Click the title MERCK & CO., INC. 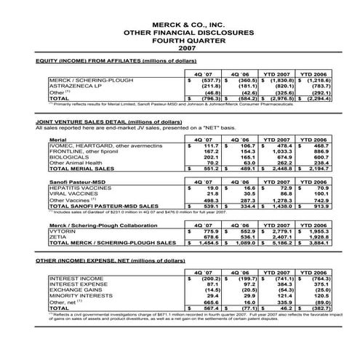click(180, 24)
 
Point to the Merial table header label click(56, 137)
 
